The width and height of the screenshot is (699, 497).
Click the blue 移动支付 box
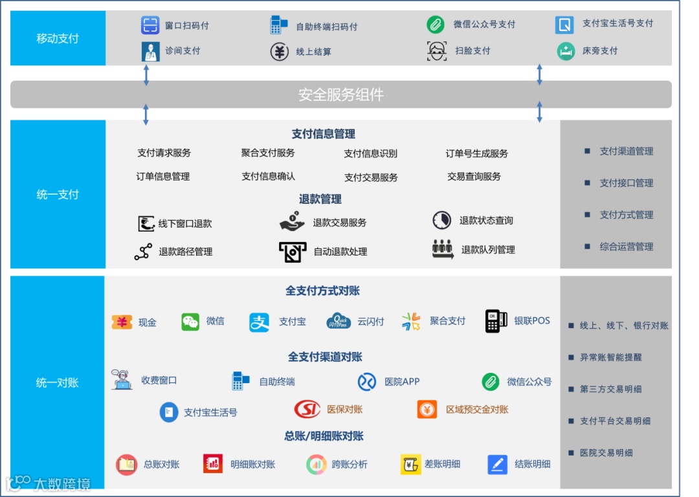(x=58, y=38)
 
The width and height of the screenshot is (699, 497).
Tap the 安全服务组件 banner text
(x=341, y=95)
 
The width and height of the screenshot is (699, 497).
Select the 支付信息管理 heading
(x=324, y=134)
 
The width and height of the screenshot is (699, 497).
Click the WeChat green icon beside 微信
(x=190, y=322)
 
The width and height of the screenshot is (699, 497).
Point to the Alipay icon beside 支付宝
(x=260, y=322)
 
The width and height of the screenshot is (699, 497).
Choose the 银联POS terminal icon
(x=496, y=321)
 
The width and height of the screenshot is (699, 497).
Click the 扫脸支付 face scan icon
(x=437, y=50)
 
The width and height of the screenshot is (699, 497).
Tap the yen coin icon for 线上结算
(x=279, y=51)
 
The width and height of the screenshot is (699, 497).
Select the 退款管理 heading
(x=320, y=199)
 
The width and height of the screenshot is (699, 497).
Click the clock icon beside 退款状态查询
(x=441, y=220)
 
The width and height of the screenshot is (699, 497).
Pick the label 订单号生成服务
(x=477, y=153)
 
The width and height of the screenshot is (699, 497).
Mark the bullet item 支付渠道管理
(x=626, y=151)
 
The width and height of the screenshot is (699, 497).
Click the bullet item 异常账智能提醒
(x=610, y=357)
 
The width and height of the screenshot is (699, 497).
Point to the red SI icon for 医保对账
(x=307, y=409)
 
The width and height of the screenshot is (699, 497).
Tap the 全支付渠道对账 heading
(x=325, y=357)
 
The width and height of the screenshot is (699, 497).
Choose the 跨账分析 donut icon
(x=315, y=464)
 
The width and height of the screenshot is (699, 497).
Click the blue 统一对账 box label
(x=58, y=382)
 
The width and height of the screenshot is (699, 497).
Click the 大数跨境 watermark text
(x=61, y=483)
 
